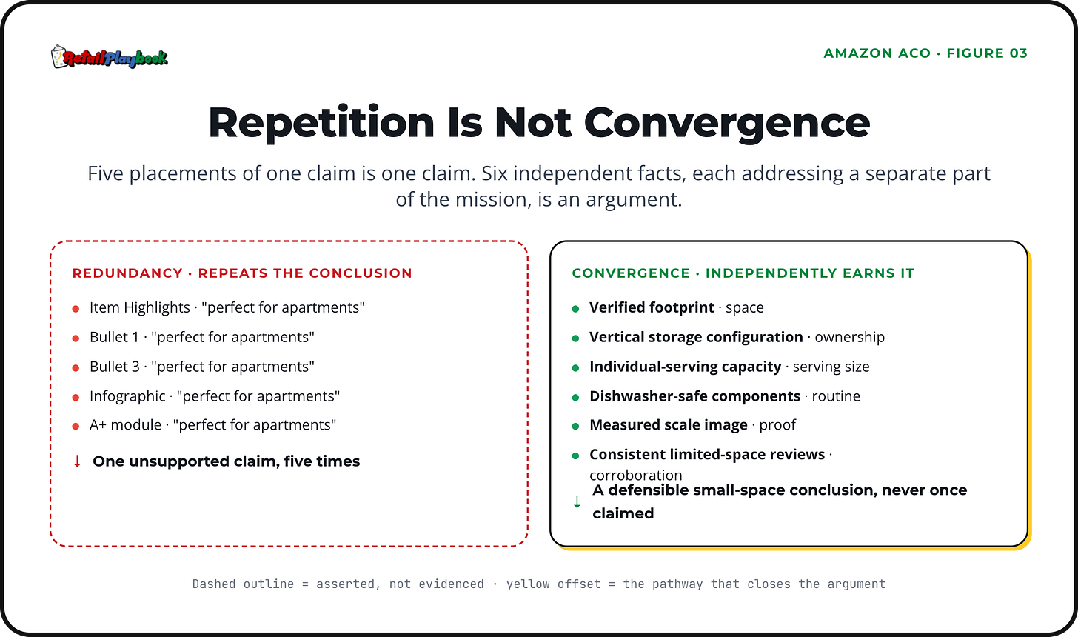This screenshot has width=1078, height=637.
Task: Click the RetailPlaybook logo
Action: (110, 57)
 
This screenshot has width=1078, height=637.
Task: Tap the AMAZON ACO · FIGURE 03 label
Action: (925, 53)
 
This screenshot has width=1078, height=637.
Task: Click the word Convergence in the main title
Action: (727, 123)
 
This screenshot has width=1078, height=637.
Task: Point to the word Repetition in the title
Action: (321, 123)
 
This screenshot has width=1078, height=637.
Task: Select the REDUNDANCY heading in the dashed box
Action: (127, 273)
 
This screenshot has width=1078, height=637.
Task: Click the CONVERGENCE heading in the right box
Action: (631, 273)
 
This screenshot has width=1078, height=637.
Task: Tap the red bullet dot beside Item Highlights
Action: (76, 309)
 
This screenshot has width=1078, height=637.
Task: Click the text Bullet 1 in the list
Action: (114, 337)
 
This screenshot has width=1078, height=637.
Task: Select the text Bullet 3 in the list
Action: (115, 367)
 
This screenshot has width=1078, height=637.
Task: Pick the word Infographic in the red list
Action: (127, 396)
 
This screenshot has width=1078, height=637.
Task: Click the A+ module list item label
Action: (126, 424)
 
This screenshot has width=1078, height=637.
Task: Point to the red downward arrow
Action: (77, 461)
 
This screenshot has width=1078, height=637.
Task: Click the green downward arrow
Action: (577, 502)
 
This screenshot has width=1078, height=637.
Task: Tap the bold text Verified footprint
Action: (652, 307)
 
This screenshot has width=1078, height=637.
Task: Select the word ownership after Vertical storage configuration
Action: (849, 337)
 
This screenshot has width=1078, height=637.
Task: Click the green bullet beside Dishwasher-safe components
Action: (575, 397)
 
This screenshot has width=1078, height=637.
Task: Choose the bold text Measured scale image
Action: (669, 424)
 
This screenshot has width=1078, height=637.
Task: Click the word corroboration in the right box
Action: (636, 476)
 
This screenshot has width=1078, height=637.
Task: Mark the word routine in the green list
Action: (836, 396)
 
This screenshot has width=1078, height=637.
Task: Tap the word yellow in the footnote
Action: (528, 584)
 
